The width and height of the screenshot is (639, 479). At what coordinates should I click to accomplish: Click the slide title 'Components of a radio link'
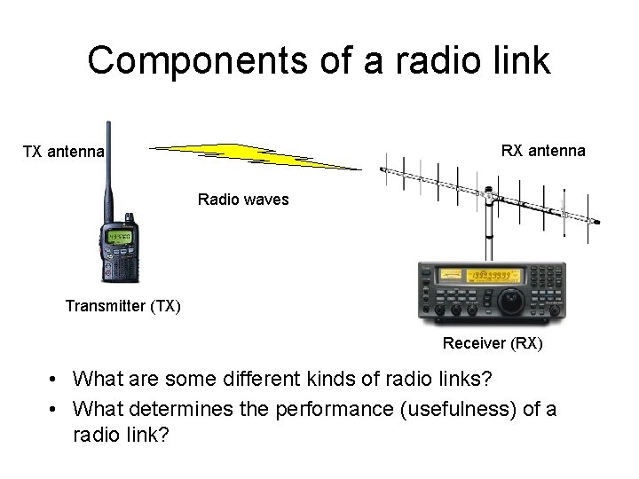[x=319, y=60]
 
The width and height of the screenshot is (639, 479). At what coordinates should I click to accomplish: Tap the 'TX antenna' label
[x=63, y=152]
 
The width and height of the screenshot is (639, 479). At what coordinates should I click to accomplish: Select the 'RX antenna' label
[x=543, y=150]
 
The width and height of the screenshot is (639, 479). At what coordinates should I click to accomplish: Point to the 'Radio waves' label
[x=243, y=200]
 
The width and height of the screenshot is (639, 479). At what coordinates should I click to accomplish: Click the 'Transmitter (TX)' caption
[x=122, y=307]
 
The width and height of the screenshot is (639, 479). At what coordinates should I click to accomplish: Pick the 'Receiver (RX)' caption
[x=493, y=343]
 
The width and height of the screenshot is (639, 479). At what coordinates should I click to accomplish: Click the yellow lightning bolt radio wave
[x=257, y=156]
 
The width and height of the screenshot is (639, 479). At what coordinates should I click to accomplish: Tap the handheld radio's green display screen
[x=119, y=238]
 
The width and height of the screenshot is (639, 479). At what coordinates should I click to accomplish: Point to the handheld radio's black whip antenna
[x=108, y=169]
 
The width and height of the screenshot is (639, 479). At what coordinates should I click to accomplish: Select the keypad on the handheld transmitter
[x=119, y=265]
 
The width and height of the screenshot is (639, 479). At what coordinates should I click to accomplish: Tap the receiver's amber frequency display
[x=496, y=276]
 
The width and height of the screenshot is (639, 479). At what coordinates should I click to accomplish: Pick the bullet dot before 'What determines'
[x=55, y=410]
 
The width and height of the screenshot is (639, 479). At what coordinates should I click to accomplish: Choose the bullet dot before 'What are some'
[x=55, y=380]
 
